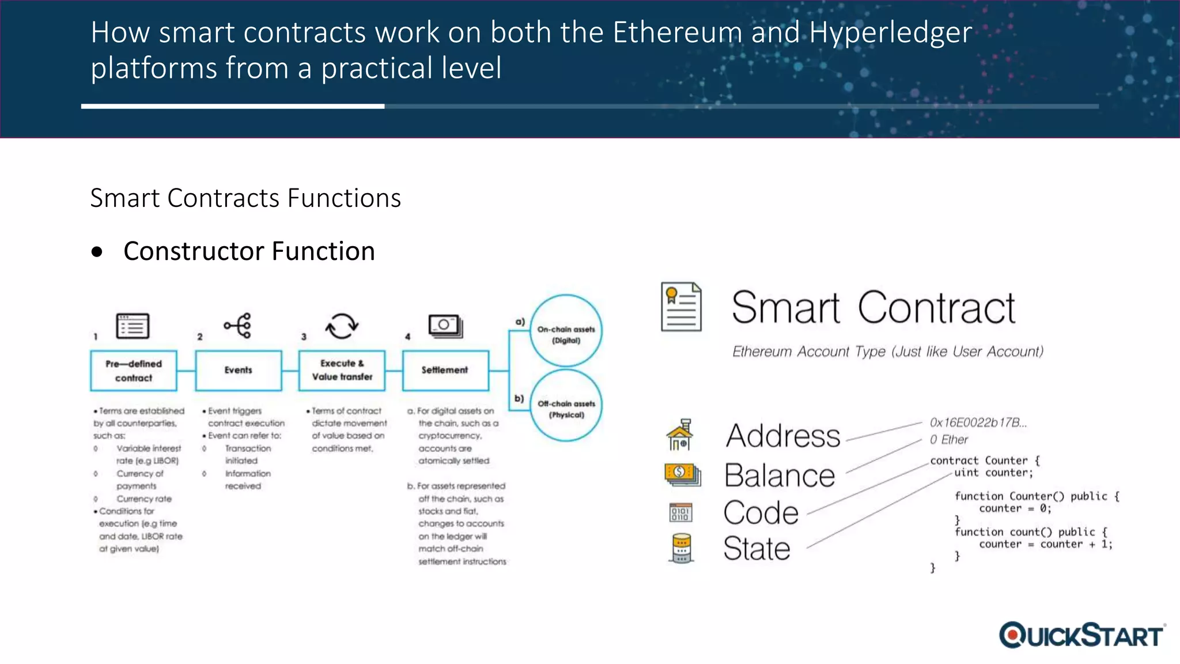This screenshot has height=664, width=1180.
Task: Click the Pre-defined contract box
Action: click(134, 371)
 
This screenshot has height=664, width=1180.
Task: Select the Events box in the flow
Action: click(239, 371)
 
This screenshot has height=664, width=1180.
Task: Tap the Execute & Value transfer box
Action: click(342, 371)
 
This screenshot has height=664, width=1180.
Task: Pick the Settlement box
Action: click(445, 371)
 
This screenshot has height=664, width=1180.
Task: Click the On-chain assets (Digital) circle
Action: click(566, 331)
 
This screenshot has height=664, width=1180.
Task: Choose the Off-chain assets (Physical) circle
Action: click(566, 406)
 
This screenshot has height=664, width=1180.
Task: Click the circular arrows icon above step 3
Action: click(342, 326)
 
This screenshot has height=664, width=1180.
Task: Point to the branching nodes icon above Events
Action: click(238, 326)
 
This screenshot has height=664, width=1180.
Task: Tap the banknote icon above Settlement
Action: click(445, 326)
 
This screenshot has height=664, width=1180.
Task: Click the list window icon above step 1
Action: click(133, 326)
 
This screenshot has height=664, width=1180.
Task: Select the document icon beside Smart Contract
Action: click(681, 307)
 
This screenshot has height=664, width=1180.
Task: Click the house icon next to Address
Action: click(680, 435)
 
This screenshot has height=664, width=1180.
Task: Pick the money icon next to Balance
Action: click(682, 474)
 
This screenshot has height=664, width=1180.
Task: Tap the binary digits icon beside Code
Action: click(680, 512)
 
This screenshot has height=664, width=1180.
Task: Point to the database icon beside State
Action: click(682, 548)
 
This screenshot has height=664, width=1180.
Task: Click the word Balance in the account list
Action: click(780, 476)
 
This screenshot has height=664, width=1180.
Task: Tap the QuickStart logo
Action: click(1081, 635)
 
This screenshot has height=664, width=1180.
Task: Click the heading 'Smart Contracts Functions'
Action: click(245, 198)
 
